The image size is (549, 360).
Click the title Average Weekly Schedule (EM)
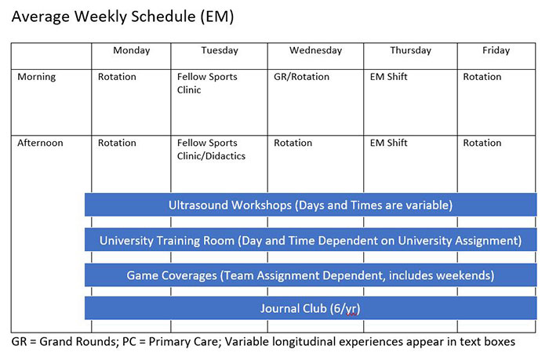pyautogui.click(x=122, y=16)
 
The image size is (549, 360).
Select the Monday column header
pyautogui.click(x=131, y=50)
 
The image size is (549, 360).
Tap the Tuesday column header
pyautogui.click(x=219, y=50)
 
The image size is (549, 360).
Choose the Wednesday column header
pyautogui.click(x=315, y=50)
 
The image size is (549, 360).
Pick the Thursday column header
pyautogui.click(x=410, y=50)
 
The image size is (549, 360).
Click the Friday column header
pyautogui.click(x=496, y=50)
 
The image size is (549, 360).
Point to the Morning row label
pyautogui.click(x=37, y=77)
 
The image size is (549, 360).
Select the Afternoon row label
pyautogui.click(x=40, y=143)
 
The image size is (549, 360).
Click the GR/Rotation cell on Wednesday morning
pyautogui.click(x=302, y=77)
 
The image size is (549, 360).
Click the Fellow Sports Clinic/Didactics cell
pyautogui.click(x=211, y=149)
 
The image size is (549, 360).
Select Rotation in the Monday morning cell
pyautogui.click(x=117, y=77)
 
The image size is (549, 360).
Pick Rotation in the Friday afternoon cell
pyautogui.click(x=482, y=143)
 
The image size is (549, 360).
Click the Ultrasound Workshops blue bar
pyautogui.click(x=311, y=205)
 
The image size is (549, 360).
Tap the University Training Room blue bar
pyautogui.click(x=311, y=240)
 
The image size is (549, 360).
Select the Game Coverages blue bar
pyautogui.click(x=311, y=275)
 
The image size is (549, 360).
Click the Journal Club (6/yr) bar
pyautogui.click(x=311, y=308)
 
